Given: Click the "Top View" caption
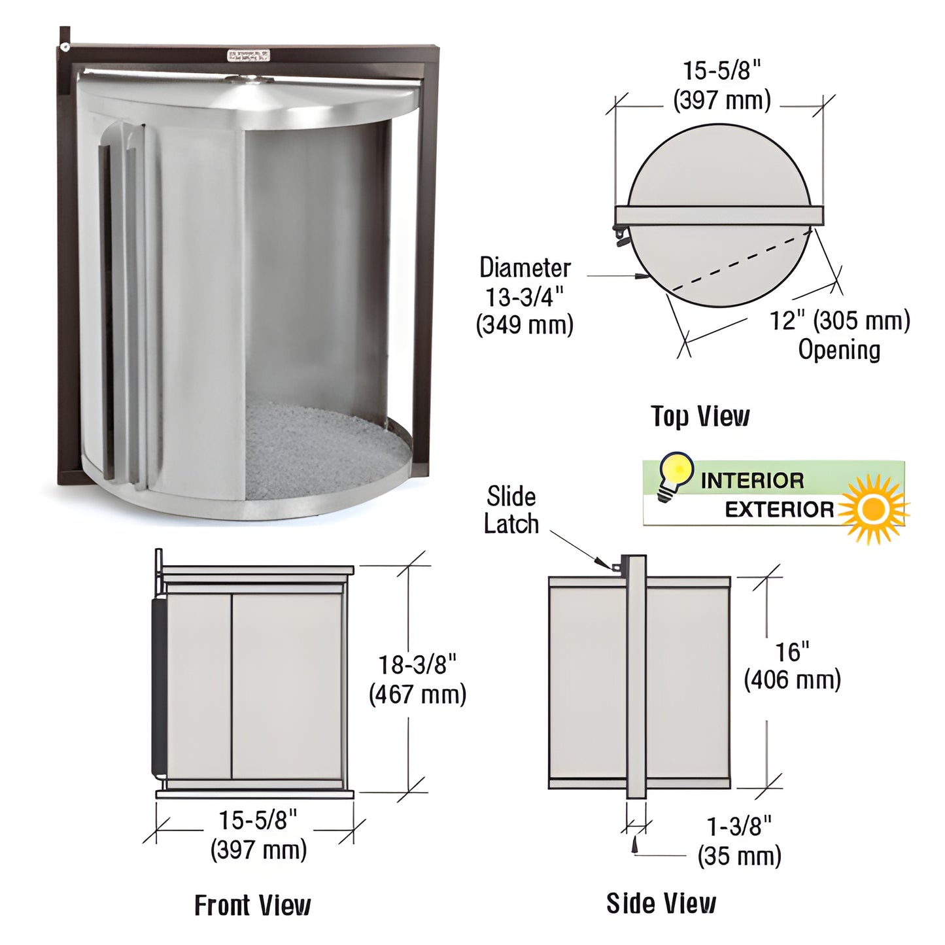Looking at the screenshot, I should (x=700, y=417).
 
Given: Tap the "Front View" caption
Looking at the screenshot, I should (x=252, y=905).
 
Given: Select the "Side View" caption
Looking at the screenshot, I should (x=661, y=903).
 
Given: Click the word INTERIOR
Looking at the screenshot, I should (x=752, y=481).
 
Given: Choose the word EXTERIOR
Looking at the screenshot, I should (x=779, y=509).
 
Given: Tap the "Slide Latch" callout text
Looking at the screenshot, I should (x=511, y=510).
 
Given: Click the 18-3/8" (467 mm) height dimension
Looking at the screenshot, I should (x=418, y=679).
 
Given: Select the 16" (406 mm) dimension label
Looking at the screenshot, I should (x=792, y=666).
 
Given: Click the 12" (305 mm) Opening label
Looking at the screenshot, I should (x=840, y=335).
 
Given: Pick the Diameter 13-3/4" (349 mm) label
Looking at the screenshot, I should (x=524, y=296).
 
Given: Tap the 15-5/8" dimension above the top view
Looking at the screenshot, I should (x=722, y=84).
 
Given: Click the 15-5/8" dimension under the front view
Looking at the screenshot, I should (x=258, y=834).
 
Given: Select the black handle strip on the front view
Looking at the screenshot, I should (x=158, y=686).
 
